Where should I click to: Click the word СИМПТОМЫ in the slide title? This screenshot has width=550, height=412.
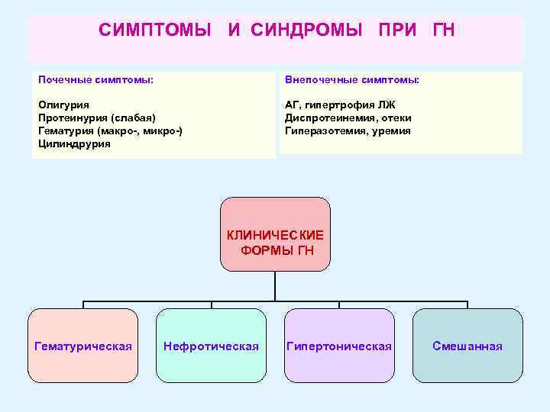pos(155,31)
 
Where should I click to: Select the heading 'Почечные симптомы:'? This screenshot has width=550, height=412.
pos(95,80)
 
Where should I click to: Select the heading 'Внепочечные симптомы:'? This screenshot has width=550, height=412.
pos(352,80)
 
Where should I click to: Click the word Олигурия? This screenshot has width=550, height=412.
pos(63,105)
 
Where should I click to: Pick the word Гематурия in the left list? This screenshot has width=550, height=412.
pos(66,130)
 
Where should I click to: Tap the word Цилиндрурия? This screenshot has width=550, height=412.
pos(74,143)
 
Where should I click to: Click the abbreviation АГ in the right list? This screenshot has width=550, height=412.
pos(293,105)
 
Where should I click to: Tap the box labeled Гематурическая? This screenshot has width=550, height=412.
pos(83,346)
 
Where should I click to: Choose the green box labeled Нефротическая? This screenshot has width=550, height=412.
pos(211,346)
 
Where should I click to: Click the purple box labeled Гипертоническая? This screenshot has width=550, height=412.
pos(338,346)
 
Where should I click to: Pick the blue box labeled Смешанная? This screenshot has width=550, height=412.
pos(467,346)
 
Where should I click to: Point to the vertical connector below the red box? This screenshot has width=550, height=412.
pos(275,285)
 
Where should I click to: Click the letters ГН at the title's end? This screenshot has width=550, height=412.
pos(443,31)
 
